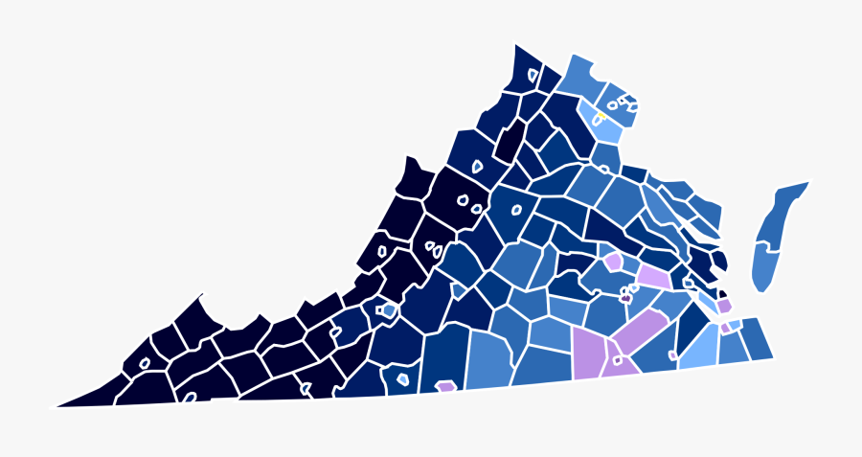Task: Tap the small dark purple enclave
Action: point(625,298)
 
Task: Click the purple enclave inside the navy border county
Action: point(445,387)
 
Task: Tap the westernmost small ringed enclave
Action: point(145,364)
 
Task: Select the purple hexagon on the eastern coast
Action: point(724,306)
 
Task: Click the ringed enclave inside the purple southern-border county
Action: point(618,361)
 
